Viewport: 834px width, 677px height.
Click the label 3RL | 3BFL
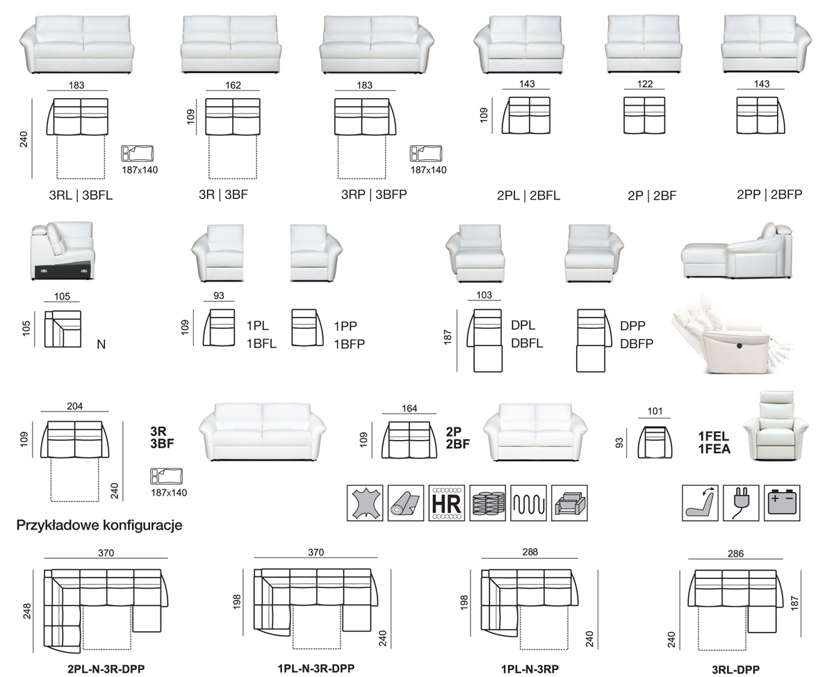tap(81, 195)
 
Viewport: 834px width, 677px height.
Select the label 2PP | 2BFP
tap(769, 195)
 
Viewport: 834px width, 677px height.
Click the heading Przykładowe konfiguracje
tap(99, 525)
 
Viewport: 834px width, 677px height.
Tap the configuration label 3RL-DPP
tap(735, 670)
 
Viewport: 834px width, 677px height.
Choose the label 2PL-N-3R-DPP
tap(106, 670)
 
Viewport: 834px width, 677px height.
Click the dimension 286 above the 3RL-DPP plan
tap(735, 554)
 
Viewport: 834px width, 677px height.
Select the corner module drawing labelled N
tap(63, 329)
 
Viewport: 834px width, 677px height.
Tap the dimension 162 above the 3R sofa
tap(233, 85)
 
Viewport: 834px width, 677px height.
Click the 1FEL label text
tap(713, 436)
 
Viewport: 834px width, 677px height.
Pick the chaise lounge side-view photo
tap(738, 252)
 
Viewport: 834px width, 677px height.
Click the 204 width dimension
tap(75, 407)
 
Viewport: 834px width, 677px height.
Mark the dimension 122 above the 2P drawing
tap(644, 85)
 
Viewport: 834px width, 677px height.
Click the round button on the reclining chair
tap(739, 345)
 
